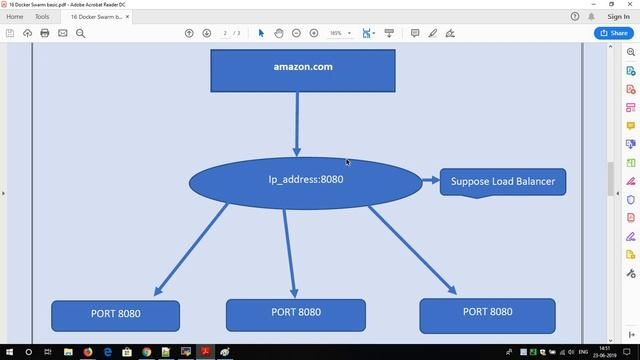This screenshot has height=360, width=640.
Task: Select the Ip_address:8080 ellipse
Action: point(305,182)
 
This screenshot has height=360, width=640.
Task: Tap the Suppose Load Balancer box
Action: point(503,182)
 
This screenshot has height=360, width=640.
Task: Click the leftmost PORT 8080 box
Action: point(115,315)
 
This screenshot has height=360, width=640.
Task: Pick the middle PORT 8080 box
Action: point(295,314)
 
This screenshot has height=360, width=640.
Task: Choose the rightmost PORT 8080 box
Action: point(487,314)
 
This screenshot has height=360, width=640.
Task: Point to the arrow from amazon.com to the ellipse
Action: point(297,123)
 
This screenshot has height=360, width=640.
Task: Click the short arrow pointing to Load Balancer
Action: point(431,181)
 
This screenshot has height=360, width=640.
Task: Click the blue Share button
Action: point(612,33)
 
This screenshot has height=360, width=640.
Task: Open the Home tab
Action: point(15,17)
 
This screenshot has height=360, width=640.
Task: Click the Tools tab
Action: point(42,17)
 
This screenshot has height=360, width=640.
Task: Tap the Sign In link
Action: point(619,17)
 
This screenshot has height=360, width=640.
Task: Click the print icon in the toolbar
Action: point(45,33)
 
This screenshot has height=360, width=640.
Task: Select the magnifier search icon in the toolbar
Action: point(81,33)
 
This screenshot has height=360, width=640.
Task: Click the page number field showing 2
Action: point(226,33)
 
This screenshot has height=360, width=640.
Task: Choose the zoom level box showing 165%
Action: point(337,33)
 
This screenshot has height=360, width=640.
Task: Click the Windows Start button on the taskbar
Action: point(9,352)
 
